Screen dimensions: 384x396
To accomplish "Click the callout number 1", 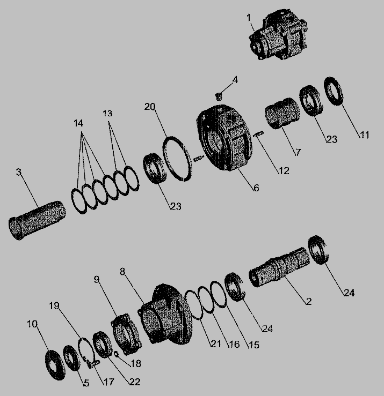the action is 249,18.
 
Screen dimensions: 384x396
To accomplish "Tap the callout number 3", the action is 19,172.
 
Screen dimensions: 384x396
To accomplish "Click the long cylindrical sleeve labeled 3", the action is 37,220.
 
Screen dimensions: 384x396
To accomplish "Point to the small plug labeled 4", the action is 219,96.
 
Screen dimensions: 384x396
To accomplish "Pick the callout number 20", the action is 150,107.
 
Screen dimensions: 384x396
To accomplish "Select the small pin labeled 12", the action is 258,134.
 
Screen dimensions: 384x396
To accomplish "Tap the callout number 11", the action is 364,135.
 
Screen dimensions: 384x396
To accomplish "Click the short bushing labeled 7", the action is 282,113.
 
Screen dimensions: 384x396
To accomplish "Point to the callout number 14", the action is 78,123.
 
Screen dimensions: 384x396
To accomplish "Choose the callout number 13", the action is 107,114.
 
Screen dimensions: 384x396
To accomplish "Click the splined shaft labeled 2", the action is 279,267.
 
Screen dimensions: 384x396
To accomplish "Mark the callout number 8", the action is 122,272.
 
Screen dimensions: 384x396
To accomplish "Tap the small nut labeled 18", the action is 116,354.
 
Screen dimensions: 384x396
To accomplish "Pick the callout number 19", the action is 54,305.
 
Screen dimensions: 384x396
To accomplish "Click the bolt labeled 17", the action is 93,364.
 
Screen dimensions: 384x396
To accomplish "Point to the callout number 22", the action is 135,382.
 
